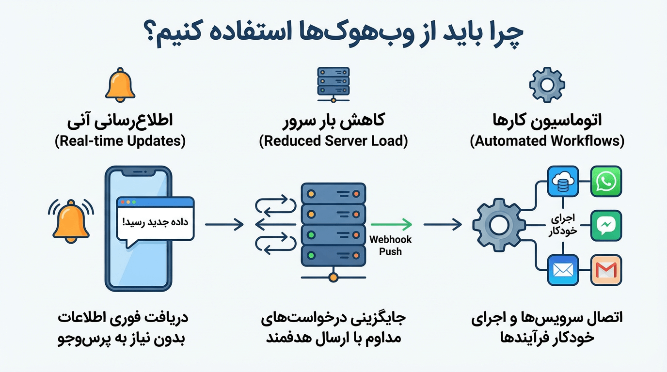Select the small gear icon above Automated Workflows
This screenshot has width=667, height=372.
click(547, 84)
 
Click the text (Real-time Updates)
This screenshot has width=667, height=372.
click(120, 141)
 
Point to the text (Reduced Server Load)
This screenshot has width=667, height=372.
click(333, 141)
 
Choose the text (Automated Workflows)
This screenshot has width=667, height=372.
click(547, 141)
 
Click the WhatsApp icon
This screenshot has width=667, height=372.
click(606, 182)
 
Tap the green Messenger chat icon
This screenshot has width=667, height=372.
click(606, 225)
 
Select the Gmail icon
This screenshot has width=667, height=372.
click(606, 270)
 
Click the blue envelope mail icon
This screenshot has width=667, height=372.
click(563, 270)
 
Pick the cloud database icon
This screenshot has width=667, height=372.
click(563, 182)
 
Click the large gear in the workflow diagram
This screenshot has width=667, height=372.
click(497, 224)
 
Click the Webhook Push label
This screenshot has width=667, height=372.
click(391, 245)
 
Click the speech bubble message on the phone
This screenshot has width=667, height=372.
click(155, 222)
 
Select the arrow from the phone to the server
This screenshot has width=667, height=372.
click(224, 224)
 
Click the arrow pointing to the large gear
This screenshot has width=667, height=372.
click(443, 224)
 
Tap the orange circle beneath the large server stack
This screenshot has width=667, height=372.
click(333, 278)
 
